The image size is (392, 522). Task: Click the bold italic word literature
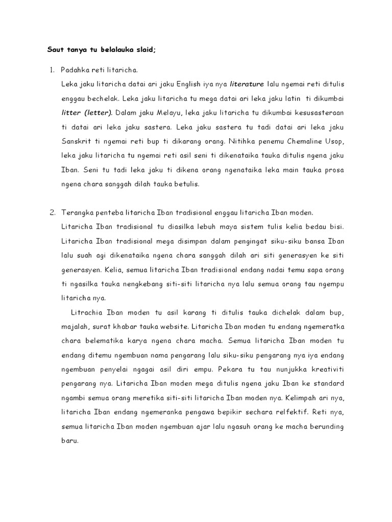(247, 83)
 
